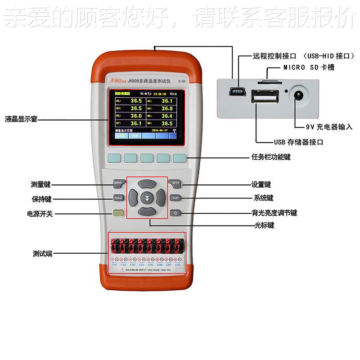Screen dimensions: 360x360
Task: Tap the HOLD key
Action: point(118,198)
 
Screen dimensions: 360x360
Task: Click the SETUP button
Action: point(175,183)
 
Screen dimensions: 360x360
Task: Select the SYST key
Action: point(175,198)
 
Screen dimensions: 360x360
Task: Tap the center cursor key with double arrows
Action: point(147,198)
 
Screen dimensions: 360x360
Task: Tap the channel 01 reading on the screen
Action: point(135,101)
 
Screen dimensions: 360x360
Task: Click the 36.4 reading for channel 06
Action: point(166,116)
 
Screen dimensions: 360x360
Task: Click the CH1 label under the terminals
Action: point(115,265)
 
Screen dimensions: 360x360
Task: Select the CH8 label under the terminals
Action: point(178,265)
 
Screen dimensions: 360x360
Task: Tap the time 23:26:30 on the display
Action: point(159,94)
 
